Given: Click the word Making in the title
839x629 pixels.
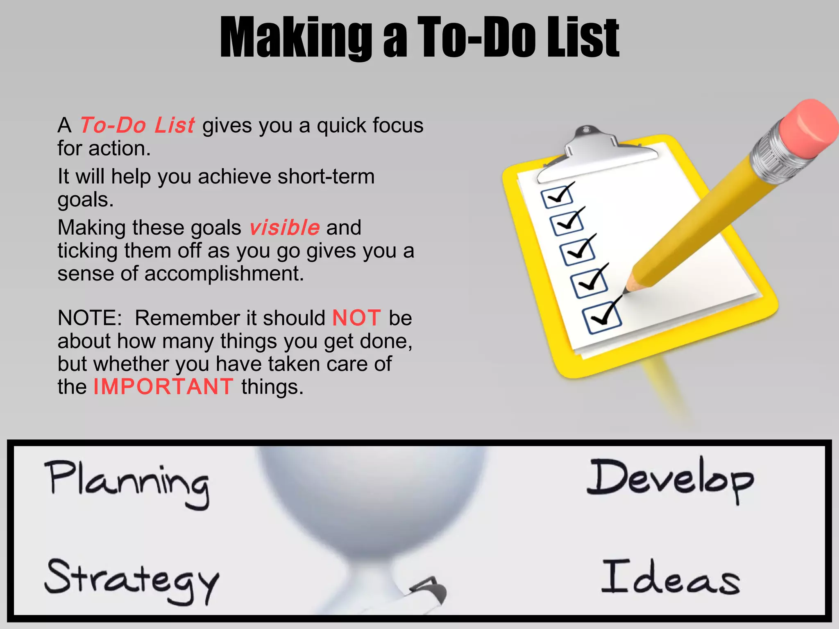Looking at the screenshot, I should [295, 38].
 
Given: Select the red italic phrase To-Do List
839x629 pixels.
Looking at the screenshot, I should [137, 125].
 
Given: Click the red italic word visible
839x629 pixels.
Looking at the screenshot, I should [284, 228].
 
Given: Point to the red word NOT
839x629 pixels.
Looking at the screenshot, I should [356, 318].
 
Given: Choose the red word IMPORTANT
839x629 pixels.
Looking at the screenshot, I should [163, 387].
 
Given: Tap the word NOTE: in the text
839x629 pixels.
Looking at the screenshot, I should [90, 318].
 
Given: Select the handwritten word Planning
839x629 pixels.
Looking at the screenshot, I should [127, 483].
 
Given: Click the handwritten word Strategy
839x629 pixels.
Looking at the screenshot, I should [132, 579].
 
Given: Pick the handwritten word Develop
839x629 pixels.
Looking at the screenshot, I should [670, 479].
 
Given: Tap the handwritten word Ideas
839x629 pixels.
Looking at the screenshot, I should [671, 577].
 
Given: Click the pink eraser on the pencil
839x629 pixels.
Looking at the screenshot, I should [807, 127].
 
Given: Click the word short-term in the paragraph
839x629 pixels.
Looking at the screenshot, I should [326, 177].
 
